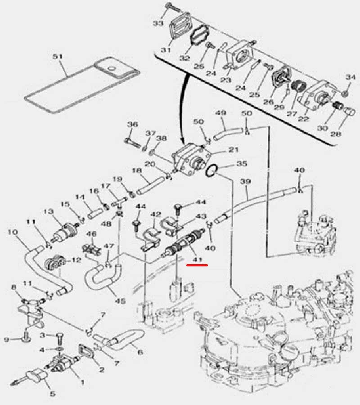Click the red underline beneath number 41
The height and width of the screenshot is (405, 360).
197,265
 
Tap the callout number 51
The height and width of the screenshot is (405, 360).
58,56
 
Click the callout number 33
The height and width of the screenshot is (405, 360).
158,23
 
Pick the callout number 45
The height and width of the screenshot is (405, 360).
120,301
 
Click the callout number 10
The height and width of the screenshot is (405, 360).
13,232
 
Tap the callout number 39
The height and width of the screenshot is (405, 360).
245,181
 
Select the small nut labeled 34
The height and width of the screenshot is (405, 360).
346,93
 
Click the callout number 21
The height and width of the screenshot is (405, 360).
233,149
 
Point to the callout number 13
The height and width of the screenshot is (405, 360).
48,212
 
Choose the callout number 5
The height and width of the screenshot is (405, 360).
53,394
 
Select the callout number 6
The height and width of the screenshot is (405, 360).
140,352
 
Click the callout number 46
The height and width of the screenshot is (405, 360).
91,234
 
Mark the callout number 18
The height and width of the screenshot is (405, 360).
137,171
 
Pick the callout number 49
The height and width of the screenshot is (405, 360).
220,113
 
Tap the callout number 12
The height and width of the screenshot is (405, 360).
76,260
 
